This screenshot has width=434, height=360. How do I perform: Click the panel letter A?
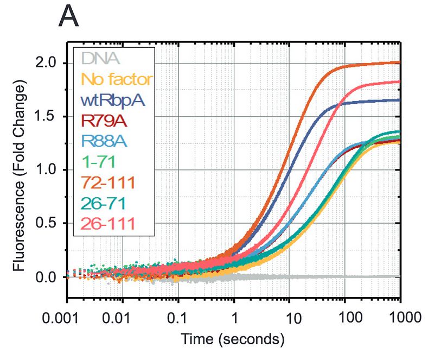[68, 17]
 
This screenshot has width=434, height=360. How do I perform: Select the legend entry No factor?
[116, 79]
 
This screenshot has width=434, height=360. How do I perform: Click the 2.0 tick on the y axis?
[48, 64]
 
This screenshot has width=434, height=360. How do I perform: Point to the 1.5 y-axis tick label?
[48, 117]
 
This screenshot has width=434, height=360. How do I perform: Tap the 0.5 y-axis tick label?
[48, 224]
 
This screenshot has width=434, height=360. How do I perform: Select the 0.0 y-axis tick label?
[48, 277]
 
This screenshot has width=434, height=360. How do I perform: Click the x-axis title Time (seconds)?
[233, 340]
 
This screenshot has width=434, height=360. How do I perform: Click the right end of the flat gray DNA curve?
[399, 276]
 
